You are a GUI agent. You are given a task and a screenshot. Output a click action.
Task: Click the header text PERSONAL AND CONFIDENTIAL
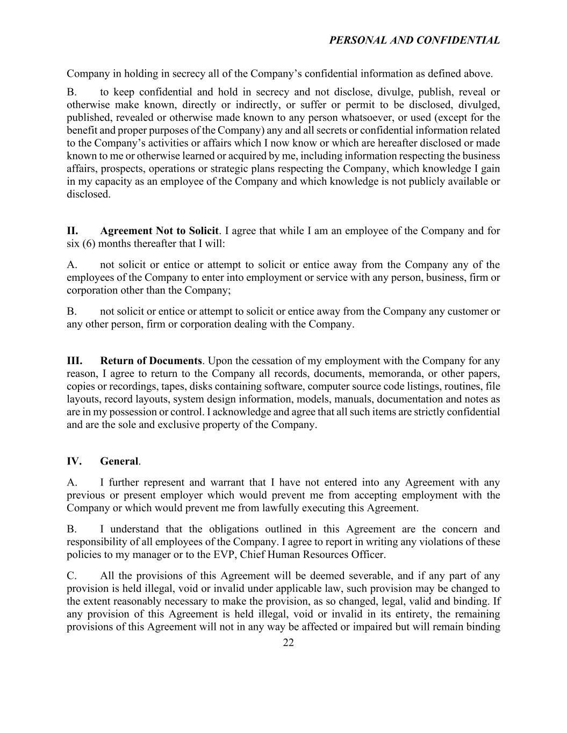pyautogui.click(x=414, y=40)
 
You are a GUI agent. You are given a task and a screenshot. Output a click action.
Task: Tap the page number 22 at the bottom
pyautogui.click(x=288, y=643)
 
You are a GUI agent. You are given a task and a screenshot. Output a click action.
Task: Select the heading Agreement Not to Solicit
pyautogui.click(x=159, y=231)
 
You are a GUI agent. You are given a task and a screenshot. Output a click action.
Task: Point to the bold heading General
pyautogui.click(x=119, y=461)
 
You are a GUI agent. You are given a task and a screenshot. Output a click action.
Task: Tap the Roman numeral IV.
pyautogui.click(x=74, y=461)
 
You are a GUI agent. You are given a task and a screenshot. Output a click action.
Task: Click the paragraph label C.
pyautogui.click(x=72, y=576)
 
